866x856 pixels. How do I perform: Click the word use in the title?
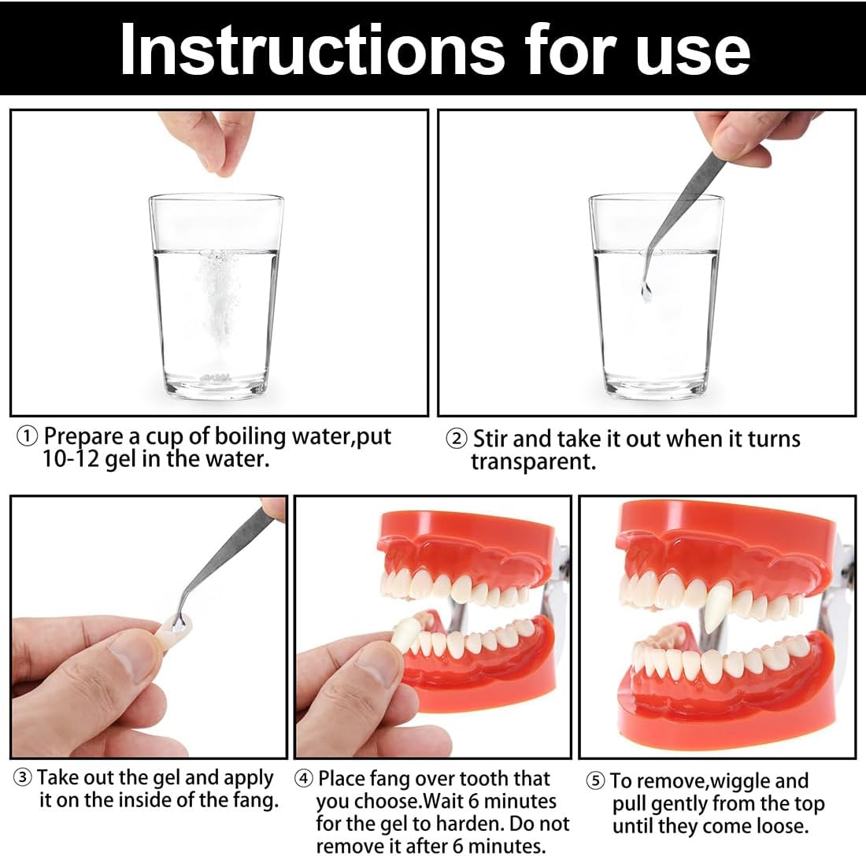[693, 54]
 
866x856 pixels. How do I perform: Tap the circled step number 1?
[27, 437]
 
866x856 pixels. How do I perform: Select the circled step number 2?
[456, 440]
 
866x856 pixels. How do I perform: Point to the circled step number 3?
[22, 777]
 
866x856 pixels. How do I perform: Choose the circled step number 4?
[304, 779]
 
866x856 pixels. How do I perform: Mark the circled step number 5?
[595, 781]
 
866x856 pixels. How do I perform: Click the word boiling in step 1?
[250, 436]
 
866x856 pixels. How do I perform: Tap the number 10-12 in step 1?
[71, 458]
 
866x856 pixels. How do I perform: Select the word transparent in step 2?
[533, 461]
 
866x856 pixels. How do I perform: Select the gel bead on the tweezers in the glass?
[646, 291]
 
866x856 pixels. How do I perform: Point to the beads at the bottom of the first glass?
[215, 377]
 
